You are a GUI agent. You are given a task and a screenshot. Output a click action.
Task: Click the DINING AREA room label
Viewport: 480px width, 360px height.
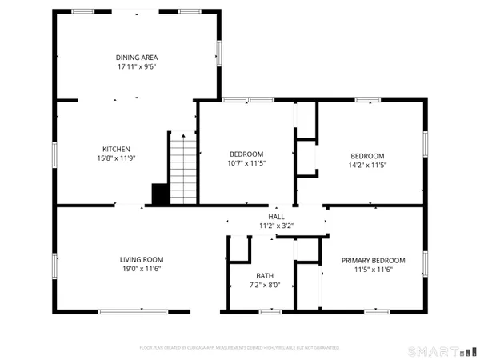[x=136, y=58]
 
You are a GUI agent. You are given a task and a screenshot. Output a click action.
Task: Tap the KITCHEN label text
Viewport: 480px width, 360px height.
[x=116, y=149]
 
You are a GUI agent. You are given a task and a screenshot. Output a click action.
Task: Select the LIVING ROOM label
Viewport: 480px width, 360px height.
[x=142, y=260]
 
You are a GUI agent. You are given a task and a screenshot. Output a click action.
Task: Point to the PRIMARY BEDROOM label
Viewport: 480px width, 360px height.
[x=373, y=261]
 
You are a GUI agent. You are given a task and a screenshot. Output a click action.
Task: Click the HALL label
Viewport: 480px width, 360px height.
[x=276, y=217]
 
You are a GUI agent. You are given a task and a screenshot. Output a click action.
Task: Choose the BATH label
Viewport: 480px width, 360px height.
[x=265, y=275]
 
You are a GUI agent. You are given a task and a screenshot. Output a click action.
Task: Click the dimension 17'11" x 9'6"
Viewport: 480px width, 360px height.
[x=136, y=67]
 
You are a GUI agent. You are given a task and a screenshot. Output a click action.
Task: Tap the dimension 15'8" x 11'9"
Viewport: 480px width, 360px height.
[x=116, y=158]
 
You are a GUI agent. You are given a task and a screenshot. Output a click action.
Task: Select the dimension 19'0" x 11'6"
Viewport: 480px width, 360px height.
[x=142, y=270]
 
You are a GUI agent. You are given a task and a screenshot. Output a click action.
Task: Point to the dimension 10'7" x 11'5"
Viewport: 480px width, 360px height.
[x=246, y=163]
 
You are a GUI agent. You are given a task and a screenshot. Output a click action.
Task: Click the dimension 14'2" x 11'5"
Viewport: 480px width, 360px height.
[x=367, y=165]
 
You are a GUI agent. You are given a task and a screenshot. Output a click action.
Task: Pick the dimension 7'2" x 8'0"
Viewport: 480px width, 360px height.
[x=265, y=285]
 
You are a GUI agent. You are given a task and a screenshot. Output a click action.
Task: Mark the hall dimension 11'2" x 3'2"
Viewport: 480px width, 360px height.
[x=276, y=226]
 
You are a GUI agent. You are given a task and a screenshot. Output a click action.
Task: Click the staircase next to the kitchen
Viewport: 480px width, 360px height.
[x=183, y=168]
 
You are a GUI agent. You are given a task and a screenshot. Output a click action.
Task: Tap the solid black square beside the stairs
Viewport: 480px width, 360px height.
[x=160, y=194]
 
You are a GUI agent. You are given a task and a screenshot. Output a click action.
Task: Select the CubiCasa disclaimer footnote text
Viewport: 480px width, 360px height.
[x=239, y=348]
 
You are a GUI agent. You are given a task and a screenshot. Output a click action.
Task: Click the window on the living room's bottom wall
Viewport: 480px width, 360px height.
[x=144, y=311]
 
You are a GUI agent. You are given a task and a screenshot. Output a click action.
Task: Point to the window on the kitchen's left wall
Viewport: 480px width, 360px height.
[x=55, y=154]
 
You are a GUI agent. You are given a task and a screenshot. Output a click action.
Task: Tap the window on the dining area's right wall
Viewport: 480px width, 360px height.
[x=218, y=53]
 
